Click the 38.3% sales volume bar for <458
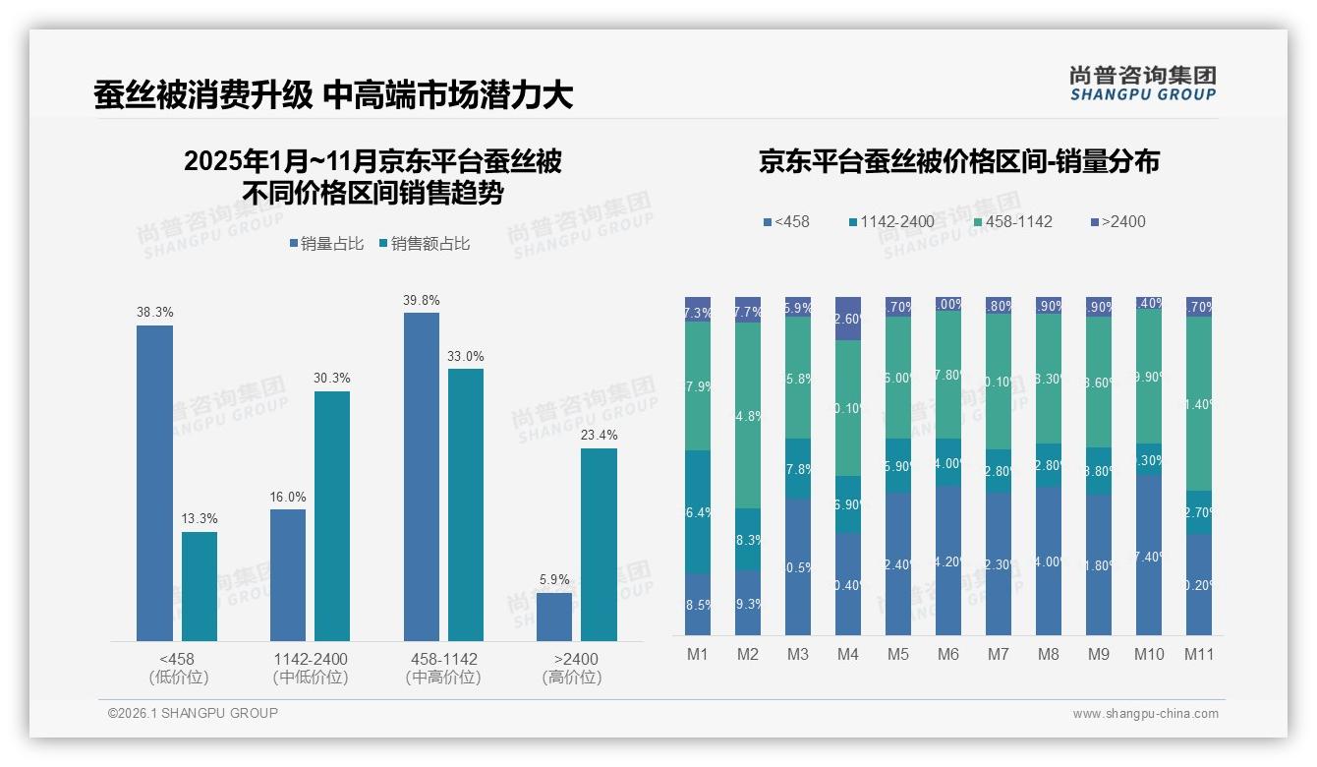[x=154, y=483]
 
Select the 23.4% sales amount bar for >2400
[x=599, y=545]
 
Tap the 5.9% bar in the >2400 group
[x=554, y=617]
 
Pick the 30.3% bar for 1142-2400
[x=332, y=516]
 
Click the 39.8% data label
[x=421, y=300]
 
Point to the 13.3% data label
[x=200, y=518]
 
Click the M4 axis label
[x=847, y=654]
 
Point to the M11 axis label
[x=1198, y=654]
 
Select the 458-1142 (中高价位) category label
[x=442, y=668]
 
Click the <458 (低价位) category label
[x=177, y=668]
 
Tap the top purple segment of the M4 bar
[x=847, y=319]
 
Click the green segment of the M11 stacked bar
[x=1198, y=403]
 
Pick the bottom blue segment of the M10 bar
[x=1149, y=555]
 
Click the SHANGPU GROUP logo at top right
[x=1142, y=83]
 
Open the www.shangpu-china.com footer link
[x=1145, y=714]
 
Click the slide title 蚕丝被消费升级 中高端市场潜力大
[x=333, y=94]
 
